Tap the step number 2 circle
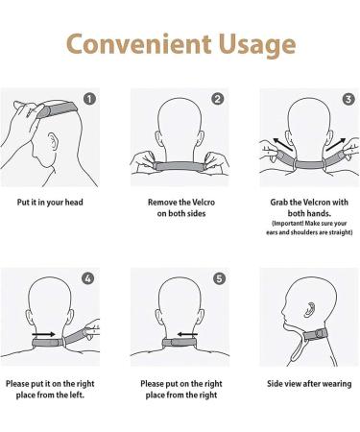pyautogui.click(x=218, y=98)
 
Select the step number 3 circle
pyautogui.click(x=347, y=98)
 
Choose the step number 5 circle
pyautogui.click(x=218, y=278)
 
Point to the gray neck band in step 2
pyautogui.click(x=179, y=166)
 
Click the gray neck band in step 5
pyautogui.click(x=179, y=343)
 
